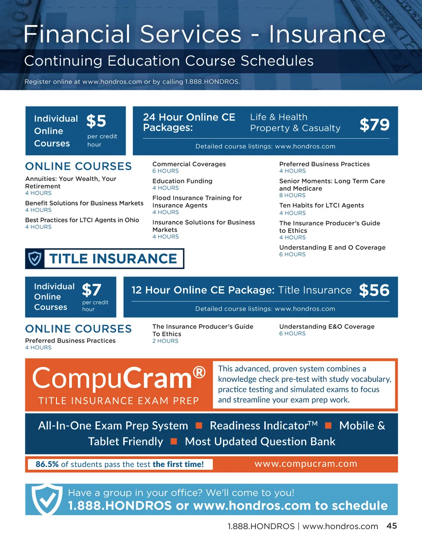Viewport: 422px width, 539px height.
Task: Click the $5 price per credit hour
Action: [96, 121]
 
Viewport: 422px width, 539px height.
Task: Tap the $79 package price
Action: [374, 125]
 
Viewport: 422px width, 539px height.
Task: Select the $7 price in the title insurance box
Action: [91, 290]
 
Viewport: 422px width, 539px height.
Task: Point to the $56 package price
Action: [374, 290]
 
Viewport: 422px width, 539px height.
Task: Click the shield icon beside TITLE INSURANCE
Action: [35, 259]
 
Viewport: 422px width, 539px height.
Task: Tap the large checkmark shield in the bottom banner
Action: [47, 499]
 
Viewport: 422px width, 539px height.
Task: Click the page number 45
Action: [392, 526]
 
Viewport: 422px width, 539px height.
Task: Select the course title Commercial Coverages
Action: [189, 164]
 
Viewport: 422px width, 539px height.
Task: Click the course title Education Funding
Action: [183, 181]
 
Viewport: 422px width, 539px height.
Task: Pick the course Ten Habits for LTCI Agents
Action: [321, 205]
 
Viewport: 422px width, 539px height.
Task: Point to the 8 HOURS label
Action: [292, 195]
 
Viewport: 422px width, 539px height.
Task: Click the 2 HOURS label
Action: [165, 341]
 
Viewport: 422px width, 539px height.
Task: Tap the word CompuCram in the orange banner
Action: [112, 379]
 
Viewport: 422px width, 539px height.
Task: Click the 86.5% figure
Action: [47, 464]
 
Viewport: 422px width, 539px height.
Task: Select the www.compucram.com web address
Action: [305, 464]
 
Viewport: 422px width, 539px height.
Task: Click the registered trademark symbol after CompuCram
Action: [199, 372]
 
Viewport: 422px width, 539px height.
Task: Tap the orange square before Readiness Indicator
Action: [199, 425]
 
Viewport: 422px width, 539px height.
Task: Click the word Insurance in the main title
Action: [327, 34]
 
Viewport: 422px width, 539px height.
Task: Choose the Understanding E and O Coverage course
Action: [332, 248]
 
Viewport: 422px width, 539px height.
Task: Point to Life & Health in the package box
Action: [279, 117]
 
